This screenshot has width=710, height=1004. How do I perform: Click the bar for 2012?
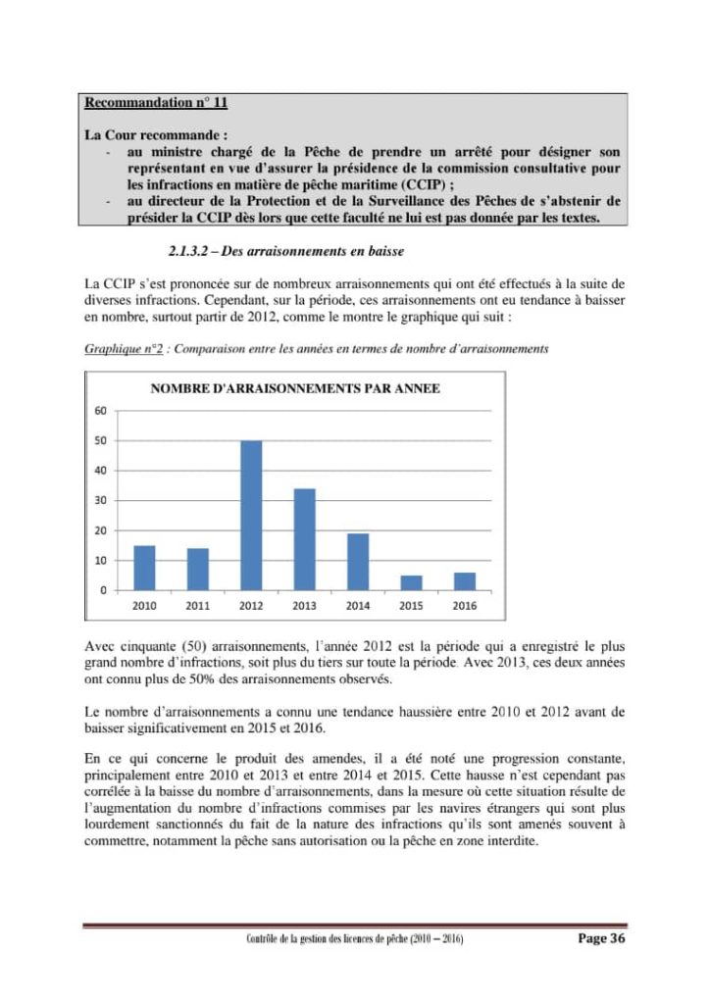click(x=251, y=516)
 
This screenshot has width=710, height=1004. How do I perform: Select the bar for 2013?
click(x=305, y=539)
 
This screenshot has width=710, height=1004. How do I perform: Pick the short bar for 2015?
click(x=412, y=582)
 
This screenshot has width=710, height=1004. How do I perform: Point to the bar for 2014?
click(x=358, y=562)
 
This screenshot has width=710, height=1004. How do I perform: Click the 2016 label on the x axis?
click(x=465, y=606)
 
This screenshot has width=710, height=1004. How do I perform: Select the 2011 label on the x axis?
click(x=197, y=606)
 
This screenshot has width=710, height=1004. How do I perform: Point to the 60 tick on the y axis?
click(x=101, y=411)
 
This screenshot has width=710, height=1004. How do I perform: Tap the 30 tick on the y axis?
click(x=101, y=500)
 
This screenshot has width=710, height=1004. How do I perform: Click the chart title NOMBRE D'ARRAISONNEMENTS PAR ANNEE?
click(x=295, y=388)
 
